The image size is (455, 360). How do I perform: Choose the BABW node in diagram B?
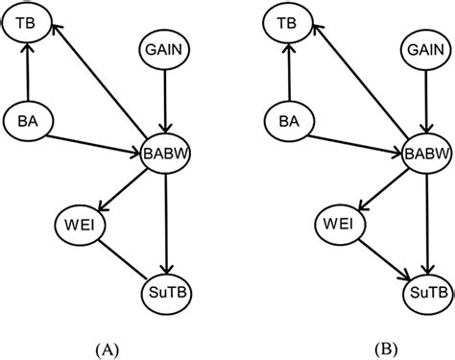pyautogui.click(x=423, y=153)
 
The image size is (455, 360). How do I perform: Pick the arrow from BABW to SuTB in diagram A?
pyautogui.click(x=167, y=221)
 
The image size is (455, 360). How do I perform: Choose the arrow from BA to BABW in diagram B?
pyautogui.click(x=351, y=136)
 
